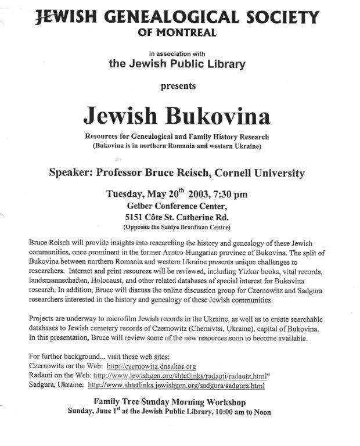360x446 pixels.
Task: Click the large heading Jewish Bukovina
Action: [x=177, y=116]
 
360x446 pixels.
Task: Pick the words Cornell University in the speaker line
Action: [x=256, y=173]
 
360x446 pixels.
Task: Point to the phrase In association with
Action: [x=175, y=53]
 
